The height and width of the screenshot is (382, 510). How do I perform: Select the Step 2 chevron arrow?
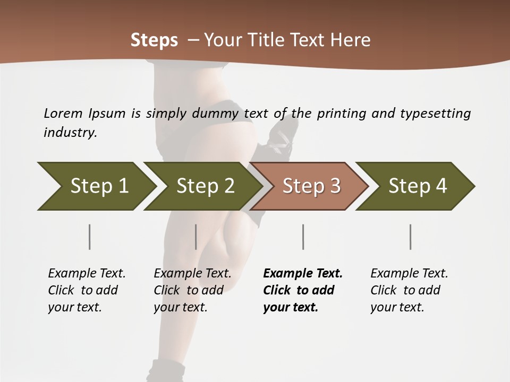pyautogui.click(x=205, y=186)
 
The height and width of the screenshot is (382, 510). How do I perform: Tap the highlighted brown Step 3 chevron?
pyautogui.click(x=311, y=186)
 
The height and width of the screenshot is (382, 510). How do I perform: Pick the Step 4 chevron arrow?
pyautogui.click(x=417, y=186)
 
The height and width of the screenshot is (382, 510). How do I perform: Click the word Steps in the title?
pyautogui.click(x=154, y=40)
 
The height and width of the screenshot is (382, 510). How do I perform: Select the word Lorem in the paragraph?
pyautogui.click(x=63, y=113)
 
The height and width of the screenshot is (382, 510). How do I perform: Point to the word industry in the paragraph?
pyautogui.click(x=70, y=133)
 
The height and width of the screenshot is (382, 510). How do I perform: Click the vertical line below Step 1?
pyautogui.click(x=89, y=237)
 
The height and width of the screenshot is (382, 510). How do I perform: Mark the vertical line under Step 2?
pyautogui.click(x=196, y=237)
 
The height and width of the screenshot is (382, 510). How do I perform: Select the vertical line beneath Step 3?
pyautogui.click(x=303, y=237)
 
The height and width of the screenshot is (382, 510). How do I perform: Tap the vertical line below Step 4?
pyautogui.click(x=410, y=237)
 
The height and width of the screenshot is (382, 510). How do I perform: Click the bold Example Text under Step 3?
pyautogui.click(x=303, y=273)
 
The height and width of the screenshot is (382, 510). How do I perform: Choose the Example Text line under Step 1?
pyautogui.click(x=87, y=273)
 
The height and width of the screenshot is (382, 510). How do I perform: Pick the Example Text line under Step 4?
pyautogui.click(x=409, y=273)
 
